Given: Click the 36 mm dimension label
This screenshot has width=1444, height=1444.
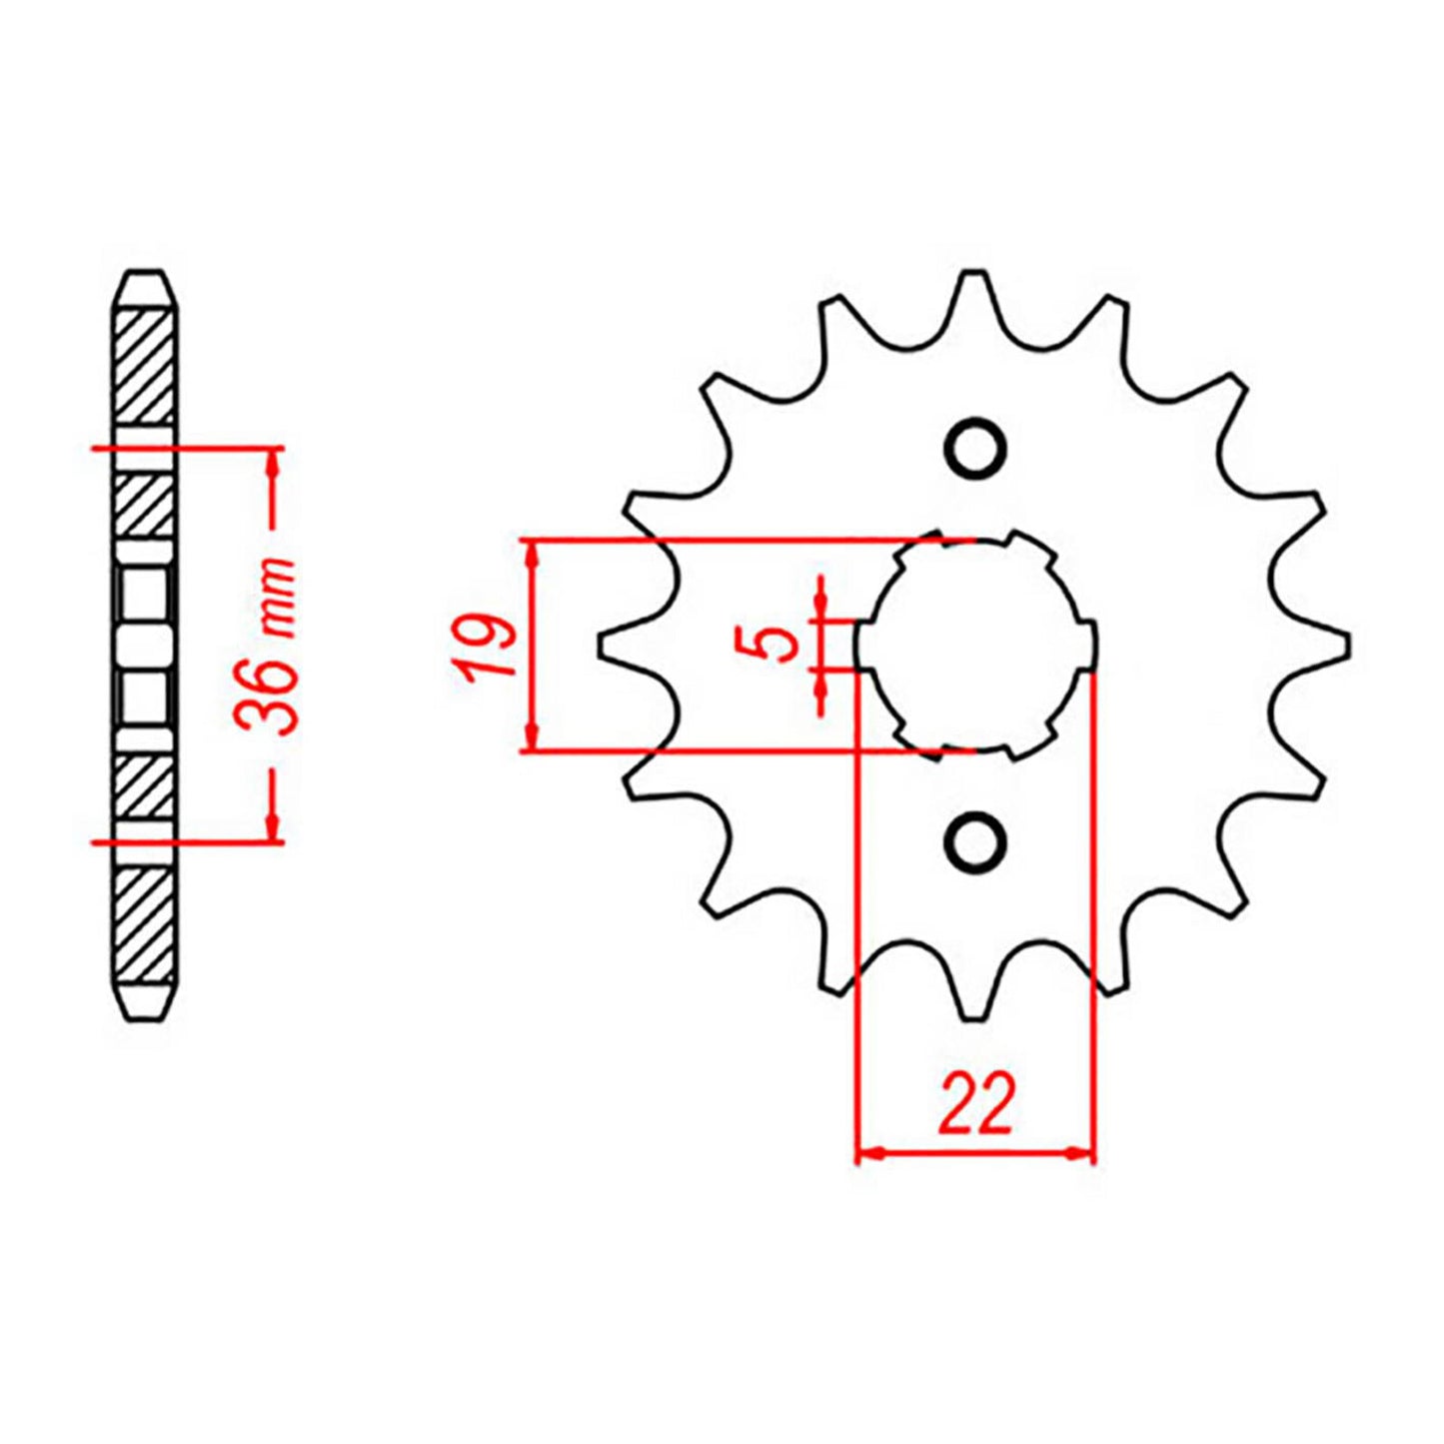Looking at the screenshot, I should tap(268, 645).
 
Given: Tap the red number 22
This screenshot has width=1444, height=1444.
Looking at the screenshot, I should tap(975, 1105).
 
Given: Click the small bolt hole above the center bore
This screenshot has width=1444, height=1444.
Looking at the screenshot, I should tap(975, 449).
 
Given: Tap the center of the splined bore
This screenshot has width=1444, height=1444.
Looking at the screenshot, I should tap(975, 645).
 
